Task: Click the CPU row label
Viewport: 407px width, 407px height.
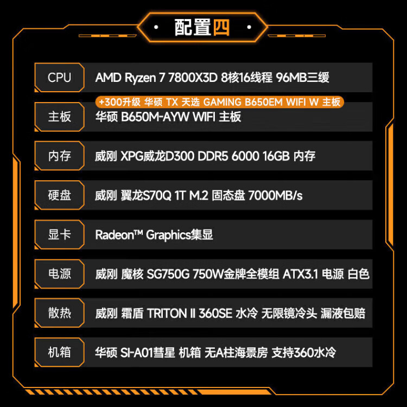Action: coord(59,78)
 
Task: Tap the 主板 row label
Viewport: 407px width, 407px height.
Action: coord(60,117)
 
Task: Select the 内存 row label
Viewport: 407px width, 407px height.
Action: coord(60,156)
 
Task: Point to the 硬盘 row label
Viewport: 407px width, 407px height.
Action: coord(60,195)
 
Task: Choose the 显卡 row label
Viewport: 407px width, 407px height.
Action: coord(60,234)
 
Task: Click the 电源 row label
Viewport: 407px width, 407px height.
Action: coord(60,274)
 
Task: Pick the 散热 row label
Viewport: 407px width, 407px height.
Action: coord(60,313)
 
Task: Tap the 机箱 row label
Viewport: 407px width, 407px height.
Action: coord(60,352)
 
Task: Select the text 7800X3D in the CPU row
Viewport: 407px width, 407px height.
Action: coord(193,78)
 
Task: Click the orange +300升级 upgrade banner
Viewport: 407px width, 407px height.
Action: coord(220,102)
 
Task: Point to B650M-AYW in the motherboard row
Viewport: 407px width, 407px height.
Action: coord(155,117)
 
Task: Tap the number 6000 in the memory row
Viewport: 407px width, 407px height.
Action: coord(245,156)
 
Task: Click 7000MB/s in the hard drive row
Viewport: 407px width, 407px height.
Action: coord(275,195)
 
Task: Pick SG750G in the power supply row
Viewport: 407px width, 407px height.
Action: coord(168,274)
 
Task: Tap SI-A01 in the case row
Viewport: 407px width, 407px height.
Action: coord(137,353)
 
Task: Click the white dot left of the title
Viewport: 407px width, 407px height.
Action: coord(156,27)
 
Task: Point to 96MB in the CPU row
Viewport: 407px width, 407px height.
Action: coord(291,78)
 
